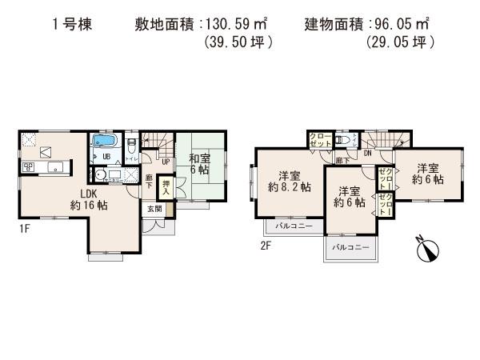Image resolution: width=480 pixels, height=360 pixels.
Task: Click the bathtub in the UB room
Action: point(105,144)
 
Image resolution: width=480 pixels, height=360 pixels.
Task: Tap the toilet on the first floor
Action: point(130,144)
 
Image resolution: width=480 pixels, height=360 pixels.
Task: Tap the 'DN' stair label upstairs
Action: point(366,152)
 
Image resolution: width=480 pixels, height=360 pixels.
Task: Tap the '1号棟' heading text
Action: point(74,25)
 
